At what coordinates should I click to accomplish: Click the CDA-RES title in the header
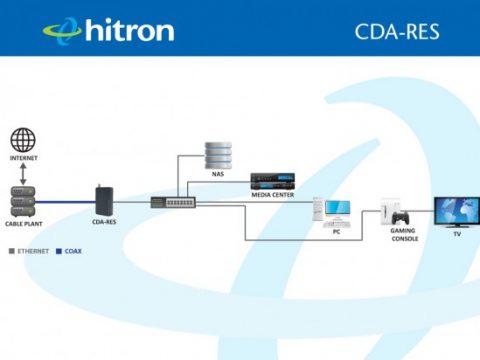tap(397, 31)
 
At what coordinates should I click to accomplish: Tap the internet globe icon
tap(22, 140)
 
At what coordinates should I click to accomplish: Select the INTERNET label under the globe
tap(23, 160)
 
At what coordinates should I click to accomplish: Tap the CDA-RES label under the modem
tap(104, 221)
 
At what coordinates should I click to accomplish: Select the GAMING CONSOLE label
tap(404, 236)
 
